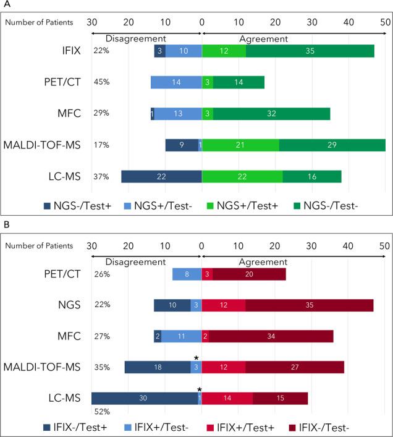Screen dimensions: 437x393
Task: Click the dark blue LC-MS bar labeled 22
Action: click(161, 176)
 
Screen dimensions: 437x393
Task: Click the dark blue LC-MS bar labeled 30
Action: click(145, 399)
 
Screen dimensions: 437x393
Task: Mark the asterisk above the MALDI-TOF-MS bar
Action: click(196, 359)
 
